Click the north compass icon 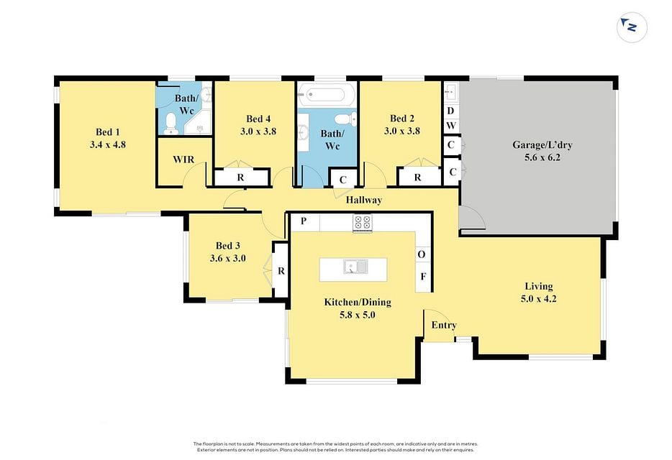click(x=632, y=27)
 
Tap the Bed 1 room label click(x=108, y=132)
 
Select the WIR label click(x=183, y=160)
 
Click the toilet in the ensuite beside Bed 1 click(x=171, y=124)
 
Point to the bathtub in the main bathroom click(x=327, y=94)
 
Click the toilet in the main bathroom click(x=345, y=119)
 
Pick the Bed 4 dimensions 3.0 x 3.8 click(x=258, y=132)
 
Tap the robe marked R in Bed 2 click(x=417, y=178)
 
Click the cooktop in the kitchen click(x=363, y=223)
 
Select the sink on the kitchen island click(x=355, y=267)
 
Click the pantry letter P click(x=304, y=221)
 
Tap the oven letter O click(x=422, y=254)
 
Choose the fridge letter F click(x=423, y=276)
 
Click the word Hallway click(x=364, y=200)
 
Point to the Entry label click(x=444, y=325)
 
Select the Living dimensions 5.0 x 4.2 click(x=539, y=299)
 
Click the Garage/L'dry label click(x=542, y=144)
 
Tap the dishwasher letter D click(x=450, y=111)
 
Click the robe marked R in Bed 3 click(x=281, y=271)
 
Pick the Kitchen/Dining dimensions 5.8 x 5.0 click(x=358, y=316)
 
